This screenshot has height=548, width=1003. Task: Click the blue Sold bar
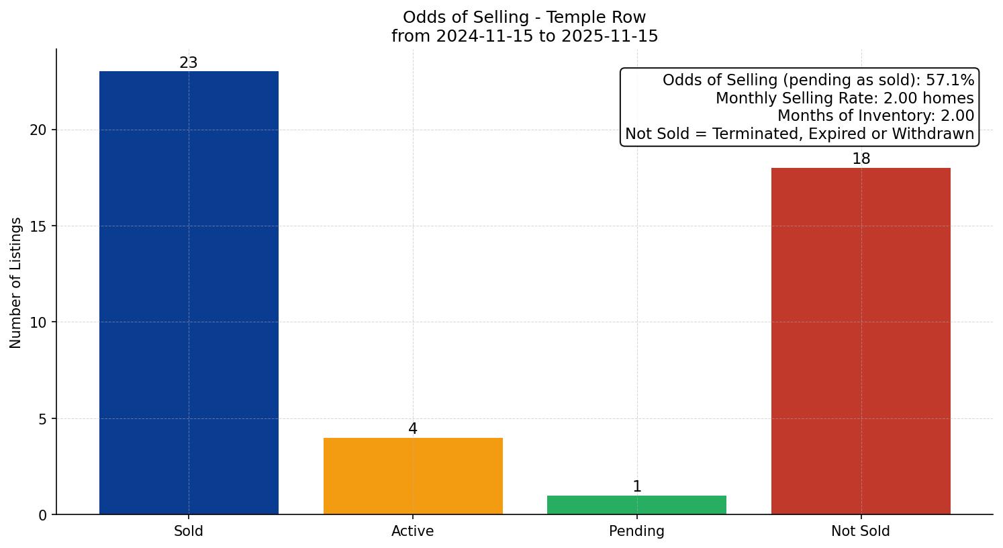coord(189,293)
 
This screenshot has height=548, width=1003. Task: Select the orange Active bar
coord(413,476)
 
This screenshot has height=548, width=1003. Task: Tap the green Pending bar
coord(636,505)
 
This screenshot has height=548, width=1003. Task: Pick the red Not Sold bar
coord(861,341)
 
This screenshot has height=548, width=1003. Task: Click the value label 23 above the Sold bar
coord(189,63)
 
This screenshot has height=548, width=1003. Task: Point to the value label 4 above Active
coord(413,429)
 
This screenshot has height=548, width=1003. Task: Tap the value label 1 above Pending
coord(637,487)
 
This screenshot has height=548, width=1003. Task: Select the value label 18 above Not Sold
coord(861,159)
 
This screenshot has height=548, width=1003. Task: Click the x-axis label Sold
coord(189,531)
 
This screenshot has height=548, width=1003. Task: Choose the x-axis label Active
coord(413,531)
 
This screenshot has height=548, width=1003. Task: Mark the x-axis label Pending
coord(636,531)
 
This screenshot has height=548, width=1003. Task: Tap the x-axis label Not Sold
coord(861,531)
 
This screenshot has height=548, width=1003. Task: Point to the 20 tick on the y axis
coord(38,130)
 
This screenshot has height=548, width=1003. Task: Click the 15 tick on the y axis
coord(38,226)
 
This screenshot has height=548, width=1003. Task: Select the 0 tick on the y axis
coord(43,515)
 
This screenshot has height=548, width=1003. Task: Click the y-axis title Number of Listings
coord(16,283)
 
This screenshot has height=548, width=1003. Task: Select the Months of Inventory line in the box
coord(875,116)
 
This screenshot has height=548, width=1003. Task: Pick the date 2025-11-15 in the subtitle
coord(610,36)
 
